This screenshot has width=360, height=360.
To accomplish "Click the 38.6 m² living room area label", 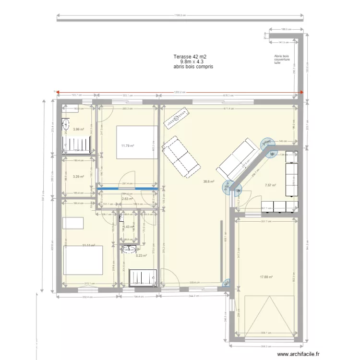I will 208,182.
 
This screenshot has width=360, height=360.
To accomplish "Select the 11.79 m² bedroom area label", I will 128,146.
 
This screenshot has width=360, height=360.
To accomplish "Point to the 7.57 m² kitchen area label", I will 271,185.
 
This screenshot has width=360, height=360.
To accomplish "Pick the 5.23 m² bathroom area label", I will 141,256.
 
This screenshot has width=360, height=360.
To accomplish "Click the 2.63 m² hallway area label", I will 127,199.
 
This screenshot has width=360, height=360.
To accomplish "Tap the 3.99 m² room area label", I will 78,129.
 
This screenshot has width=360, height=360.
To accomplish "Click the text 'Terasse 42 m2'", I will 190,57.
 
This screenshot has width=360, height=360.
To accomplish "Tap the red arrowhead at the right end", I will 301,93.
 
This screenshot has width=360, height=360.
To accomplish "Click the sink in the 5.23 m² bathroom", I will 128,249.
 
